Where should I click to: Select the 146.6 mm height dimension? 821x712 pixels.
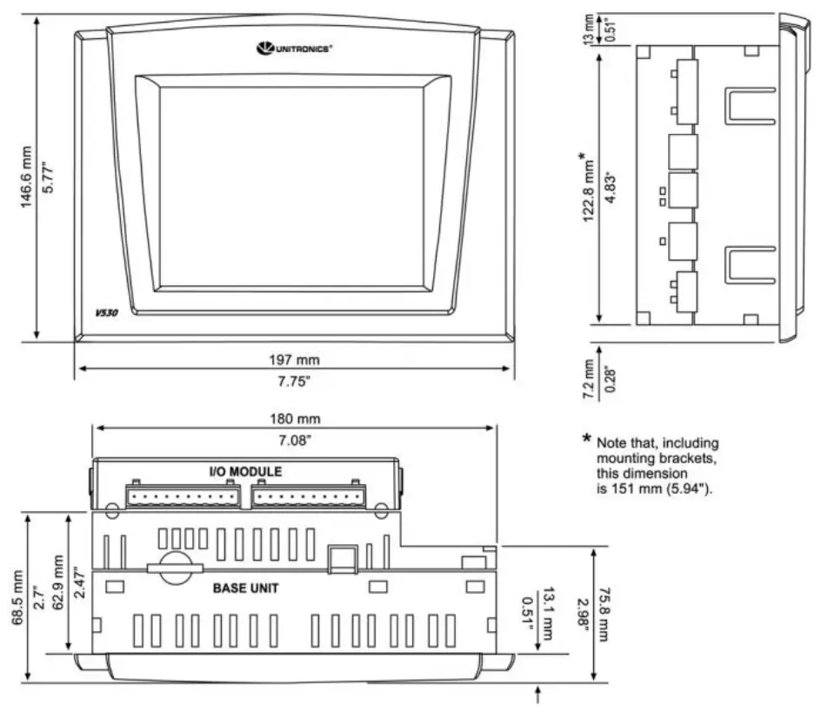tap(29, 177)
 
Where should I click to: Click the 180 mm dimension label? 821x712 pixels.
tap(296, 418)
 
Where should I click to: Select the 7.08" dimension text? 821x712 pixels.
tap(296, 441)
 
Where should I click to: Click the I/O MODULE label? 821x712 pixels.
tap(245, 470)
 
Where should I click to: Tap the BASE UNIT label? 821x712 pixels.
tap(246, 588)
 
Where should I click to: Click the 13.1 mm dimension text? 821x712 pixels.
tap(549, 612)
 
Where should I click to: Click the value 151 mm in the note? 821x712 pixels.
tap(631, 489)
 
